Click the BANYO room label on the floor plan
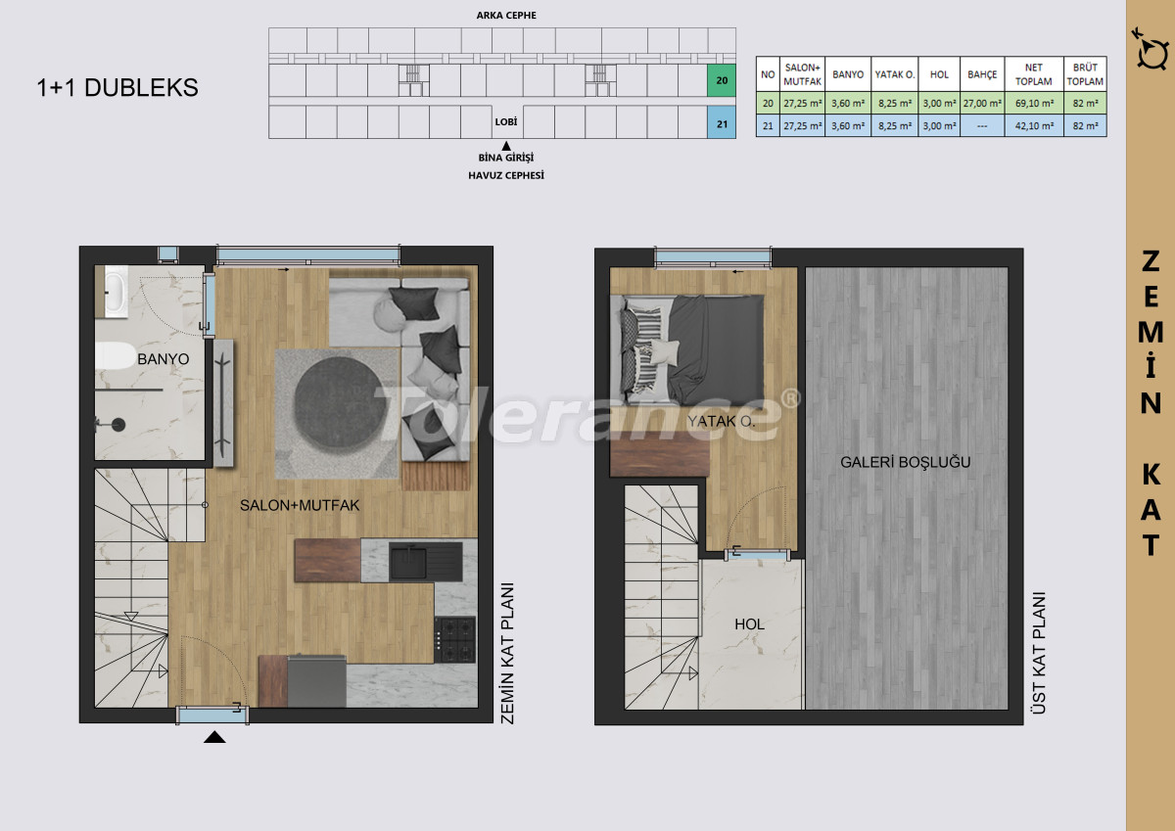tap(163, 359)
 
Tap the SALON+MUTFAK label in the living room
tap(300, 505)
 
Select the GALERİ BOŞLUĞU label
tap(906, 462)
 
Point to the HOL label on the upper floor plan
tap(749, 623)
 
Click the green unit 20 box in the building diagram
tap(722, 80)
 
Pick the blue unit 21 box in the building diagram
tap(722, 123)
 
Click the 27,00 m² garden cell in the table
tap(982, 104)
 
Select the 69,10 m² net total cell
tap(1034, 104)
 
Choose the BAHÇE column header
tap(982, 74)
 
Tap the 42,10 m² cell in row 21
tap(1034, 126)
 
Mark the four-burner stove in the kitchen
tap(454, 639)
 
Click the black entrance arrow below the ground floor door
tap(214, 737)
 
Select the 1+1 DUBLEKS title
tap(117, 87)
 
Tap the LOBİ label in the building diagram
tap(505, 122)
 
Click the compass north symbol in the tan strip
tap(1151, 50)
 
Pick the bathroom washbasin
tap(115, 292)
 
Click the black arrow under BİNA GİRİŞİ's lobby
tap(506, 146)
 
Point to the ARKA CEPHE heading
tap(506, 16)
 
